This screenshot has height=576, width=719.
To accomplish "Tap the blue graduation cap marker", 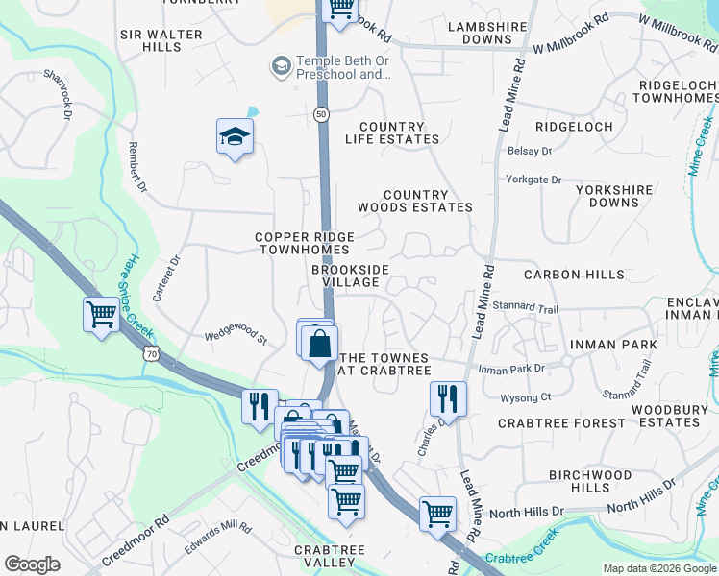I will tap(234, 138).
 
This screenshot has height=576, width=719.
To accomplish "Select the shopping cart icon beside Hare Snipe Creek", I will tap(101, 314).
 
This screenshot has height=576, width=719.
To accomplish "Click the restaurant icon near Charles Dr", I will tap(448, 396).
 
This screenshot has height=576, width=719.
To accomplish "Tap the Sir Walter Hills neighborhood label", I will tap(161, 40).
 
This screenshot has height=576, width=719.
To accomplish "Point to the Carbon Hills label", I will tap(574, 275).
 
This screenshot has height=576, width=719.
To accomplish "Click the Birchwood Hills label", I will tap(590, 481).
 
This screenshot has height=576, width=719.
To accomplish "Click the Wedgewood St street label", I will tap(235, 336).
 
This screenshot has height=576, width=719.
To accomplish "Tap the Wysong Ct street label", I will tap(525, 396).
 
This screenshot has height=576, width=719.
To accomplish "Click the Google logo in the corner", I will tap(32, 564).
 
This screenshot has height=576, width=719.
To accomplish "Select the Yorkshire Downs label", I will tap(613, 197).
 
